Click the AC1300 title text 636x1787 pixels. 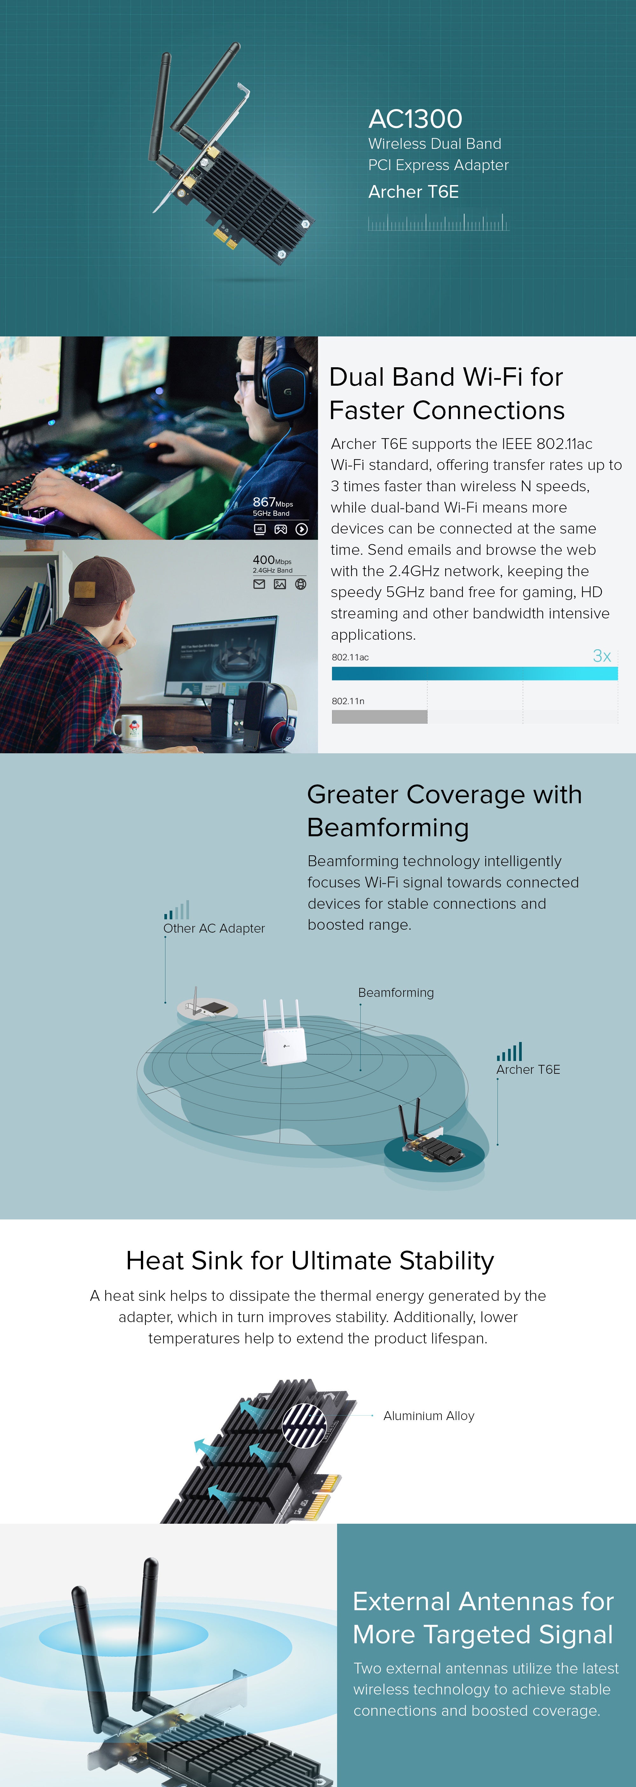pyautogui.click(x=415, y=119)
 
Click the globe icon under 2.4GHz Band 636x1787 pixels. pyautogui.click(x=300, y=584)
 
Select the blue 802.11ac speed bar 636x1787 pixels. pyautogui.click(x=474, y=673)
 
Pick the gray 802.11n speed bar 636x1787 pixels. pyautogui.click(x=379, y=717)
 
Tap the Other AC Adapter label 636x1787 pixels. pyautogui.click(x=214, y=928)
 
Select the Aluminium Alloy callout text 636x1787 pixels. pyautogui.click(x=429, y=1416)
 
